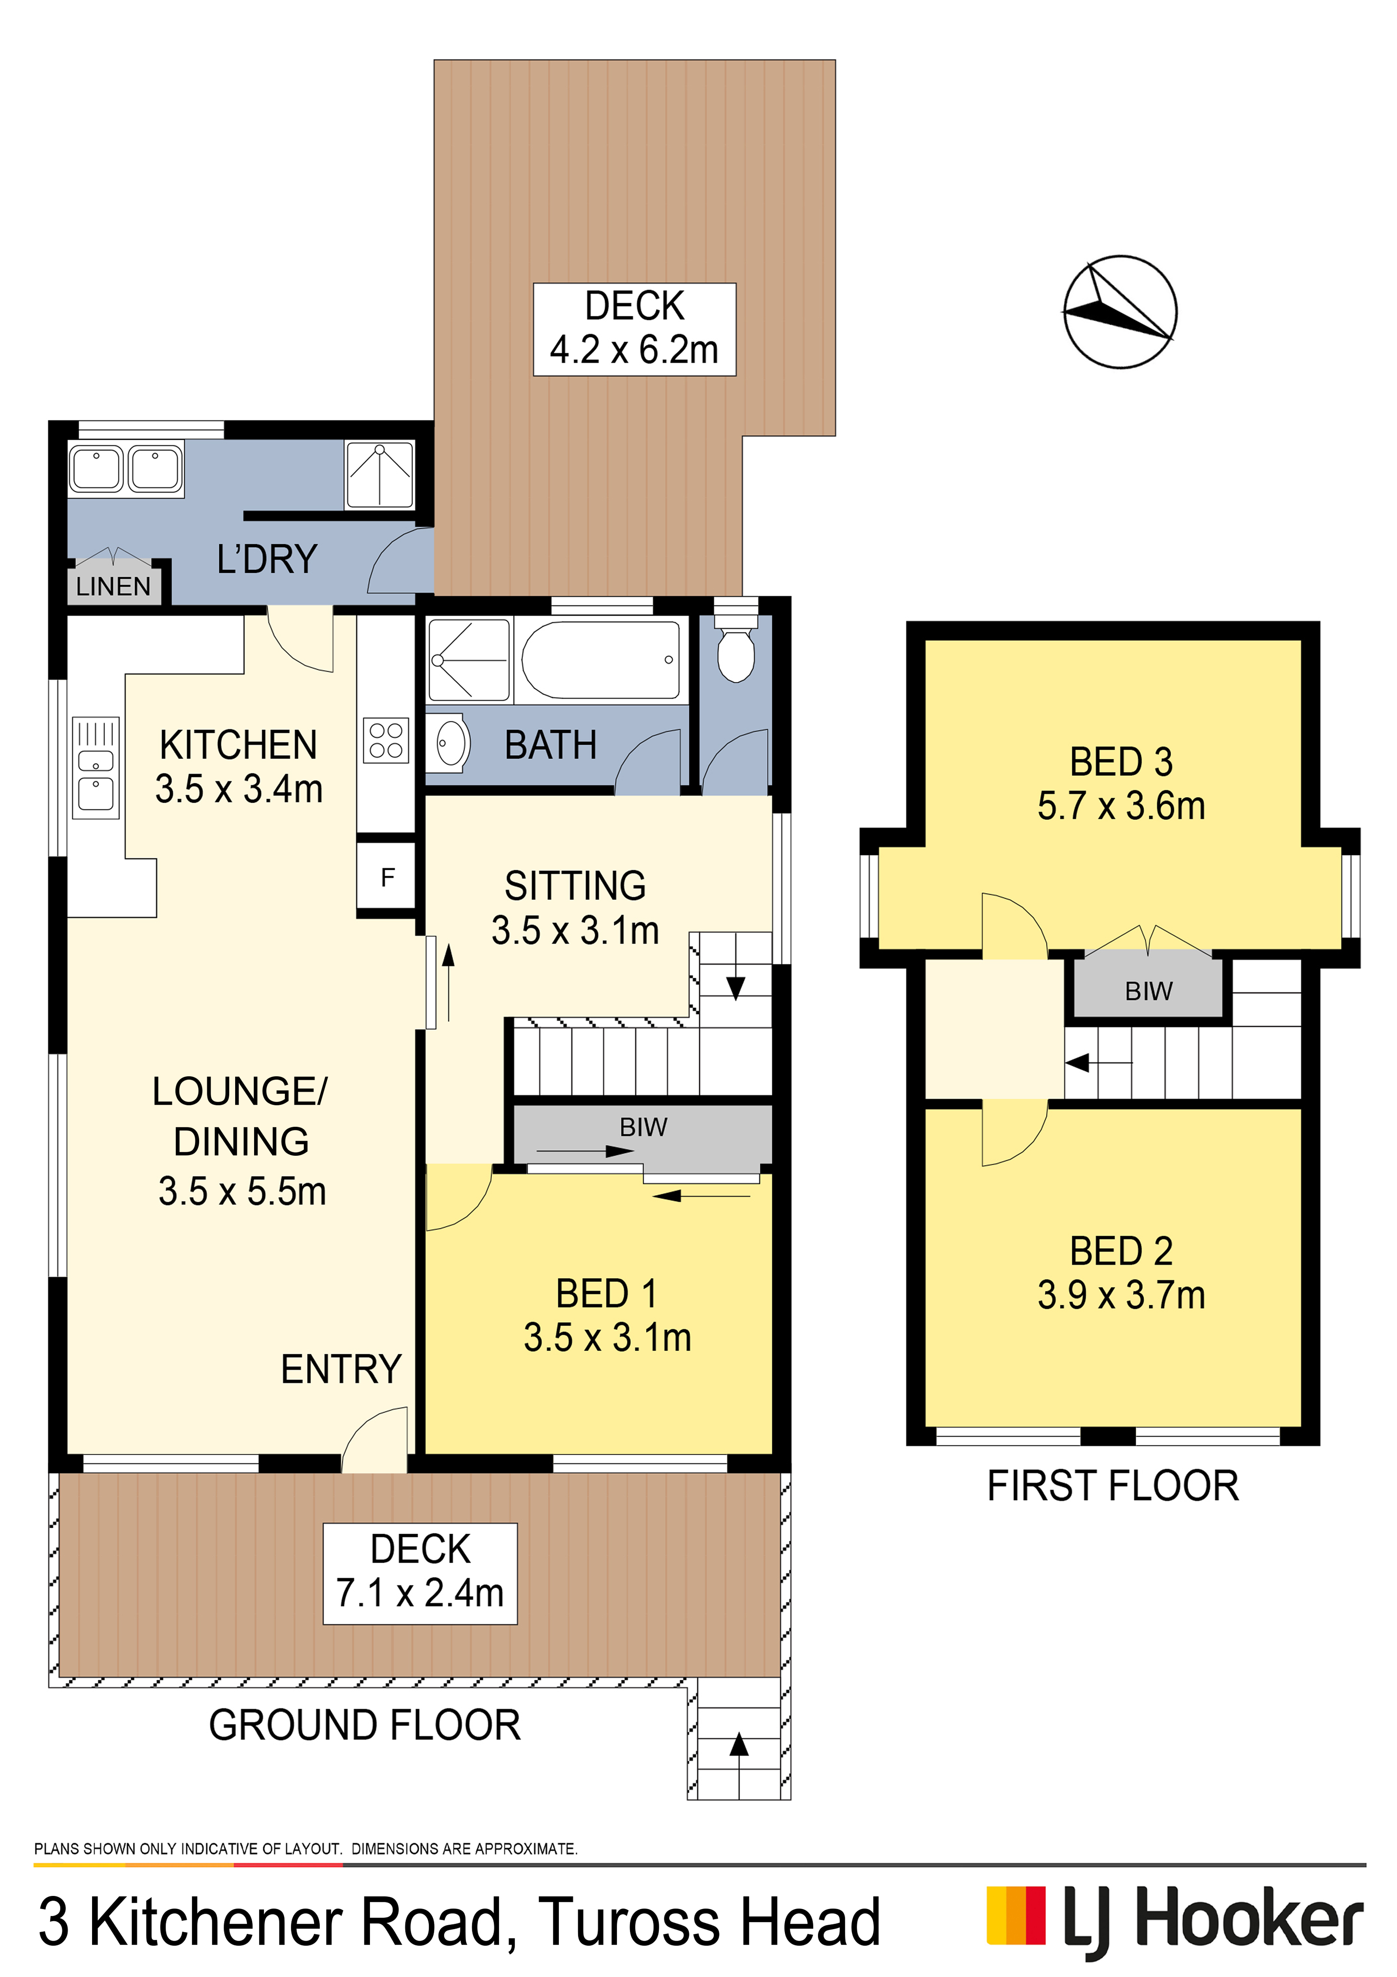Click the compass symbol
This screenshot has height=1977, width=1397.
(1120, 312)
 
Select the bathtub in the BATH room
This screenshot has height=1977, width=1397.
(600, 660)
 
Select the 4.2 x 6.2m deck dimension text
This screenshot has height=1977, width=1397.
(634, 350)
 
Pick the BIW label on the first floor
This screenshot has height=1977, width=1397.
(1148, 991)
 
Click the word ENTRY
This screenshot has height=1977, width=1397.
(341, 1369)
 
